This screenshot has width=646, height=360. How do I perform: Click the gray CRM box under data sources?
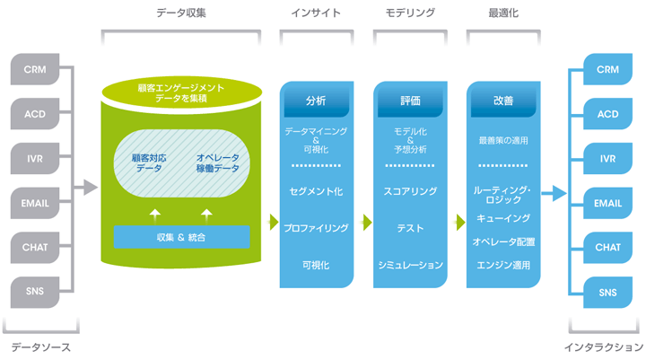[35, 69]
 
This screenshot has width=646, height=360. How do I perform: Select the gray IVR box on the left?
[35, 159]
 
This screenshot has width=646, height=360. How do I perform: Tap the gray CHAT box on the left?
[35, 247]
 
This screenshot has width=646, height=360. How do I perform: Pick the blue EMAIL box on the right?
[607, 203]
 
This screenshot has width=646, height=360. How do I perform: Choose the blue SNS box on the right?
[607, 292]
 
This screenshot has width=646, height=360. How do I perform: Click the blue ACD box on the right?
[607, 114]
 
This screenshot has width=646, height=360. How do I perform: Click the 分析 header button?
[316, 101]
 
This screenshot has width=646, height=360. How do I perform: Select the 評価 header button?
[410, 101]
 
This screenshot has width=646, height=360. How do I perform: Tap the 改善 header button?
[503, 101]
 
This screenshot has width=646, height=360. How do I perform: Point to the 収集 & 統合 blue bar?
[182, 237]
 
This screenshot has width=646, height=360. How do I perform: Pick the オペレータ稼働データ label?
[218, 162]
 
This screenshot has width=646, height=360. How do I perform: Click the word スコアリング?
[410, 191]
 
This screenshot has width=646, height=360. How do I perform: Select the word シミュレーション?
[410, 265]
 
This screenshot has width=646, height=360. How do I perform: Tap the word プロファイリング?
[316, 228]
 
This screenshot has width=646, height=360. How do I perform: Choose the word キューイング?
[502, 218]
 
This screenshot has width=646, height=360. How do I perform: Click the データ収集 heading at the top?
[182, 13]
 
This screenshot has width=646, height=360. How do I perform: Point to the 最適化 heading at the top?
[503, 13]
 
